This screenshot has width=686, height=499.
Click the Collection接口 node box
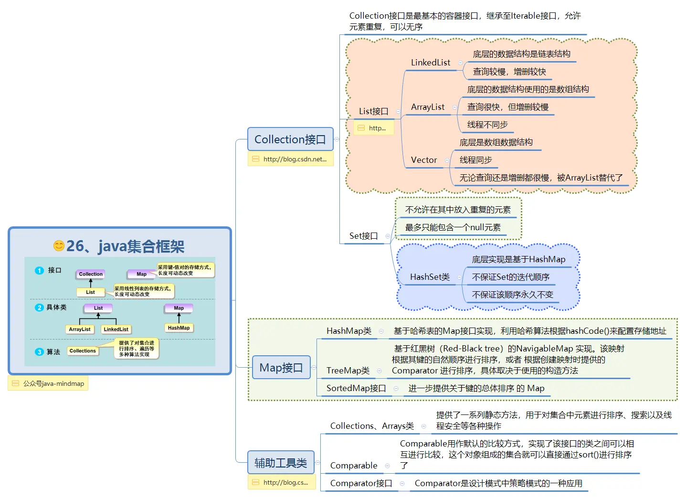(290, 139)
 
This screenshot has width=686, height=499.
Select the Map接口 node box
(281, 368)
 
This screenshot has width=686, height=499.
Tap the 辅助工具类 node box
(281, 463)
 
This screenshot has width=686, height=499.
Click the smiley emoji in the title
(59, 246)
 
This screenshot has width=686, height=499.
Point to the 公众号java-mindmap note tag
(48, 383)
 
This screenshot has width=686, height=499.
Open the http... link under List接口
(374, 128)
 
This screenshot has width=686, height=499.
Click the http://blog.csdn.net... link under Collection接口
(291, 159)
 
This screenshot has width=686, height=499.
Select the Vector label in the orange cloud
(424, 160)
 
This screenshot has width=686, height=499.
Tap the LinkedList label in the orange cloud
(431, 63)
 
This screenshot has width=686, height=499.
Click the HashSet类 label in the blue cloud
(430, 277)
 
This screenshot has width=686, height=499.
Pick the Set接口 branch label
(363, 236)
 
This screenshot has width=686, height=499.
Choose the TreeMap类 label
(348, 371)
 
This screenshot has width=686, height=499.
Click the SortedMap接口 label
(356, 388)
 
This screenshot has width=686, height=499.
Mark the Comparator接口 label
(361, 483)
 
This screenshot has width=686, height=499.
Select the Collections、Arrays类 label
(372, 426)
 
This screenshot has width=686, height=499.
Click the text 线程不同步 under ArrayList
(487, 125)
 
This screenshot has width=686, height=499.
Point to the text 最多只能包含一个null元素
(453, 227)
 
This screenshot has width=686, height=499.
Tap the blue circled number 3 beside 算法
(39, 352)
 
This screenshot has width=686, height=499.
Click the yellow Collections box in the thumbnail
(83, 351)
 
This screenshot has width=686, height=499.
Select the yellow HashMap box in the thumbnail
(179, 328)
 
